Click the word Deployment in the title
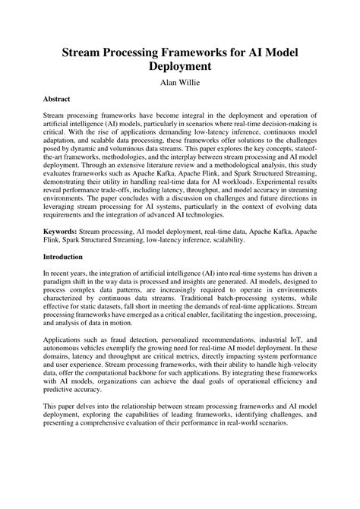[180, 65]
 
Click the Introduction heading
[67, 257]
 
